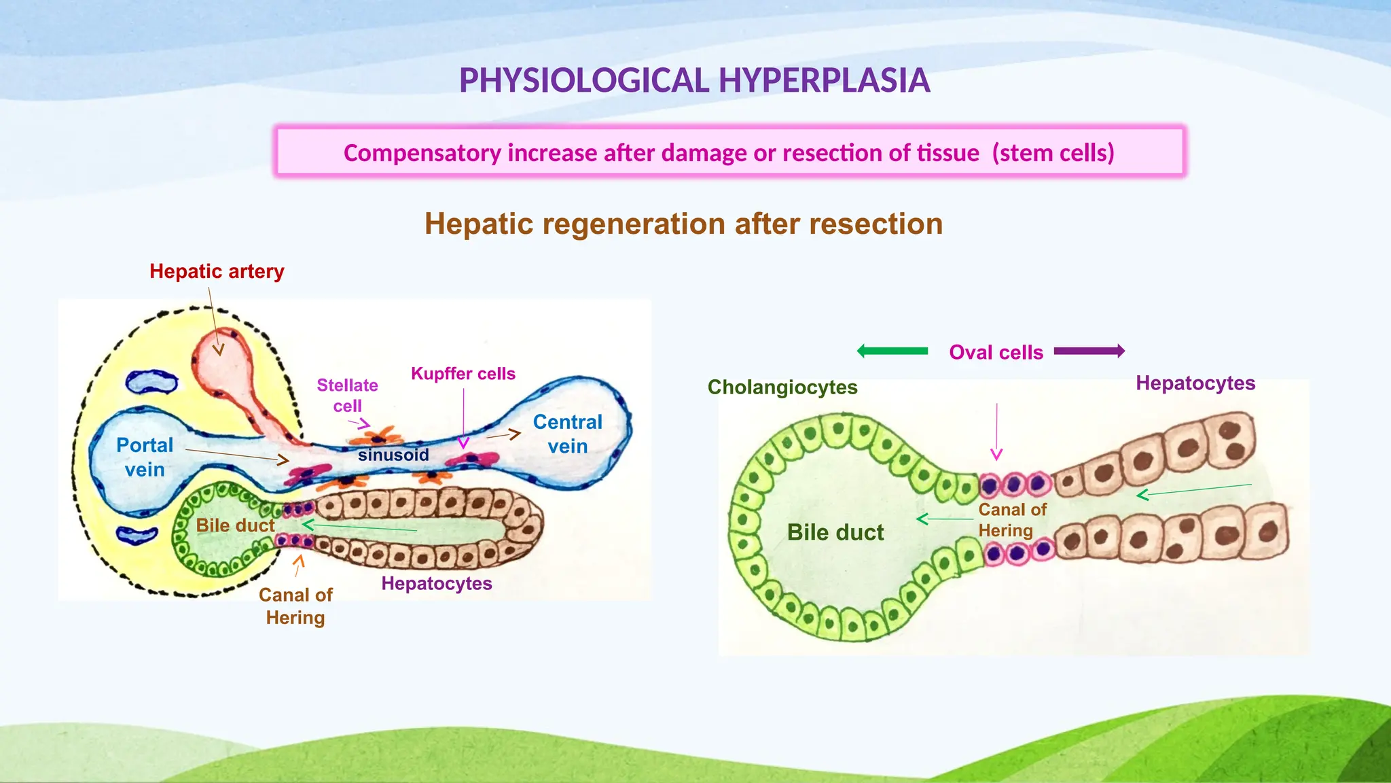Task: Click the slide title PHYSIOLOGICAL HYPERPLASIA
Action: click(694, 80)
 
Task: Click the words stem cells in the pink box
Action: click(1053, 153)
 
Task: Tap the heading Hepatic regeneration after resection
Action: click(683, 224)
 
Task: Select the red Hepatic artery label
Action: click(217, 271)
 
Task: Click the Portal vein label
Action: click(145, 457)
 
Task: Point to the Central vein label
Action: click(568, 434)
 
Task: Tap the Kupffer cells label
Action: click(463, 374)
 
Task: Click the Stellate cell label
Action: click(347, 395)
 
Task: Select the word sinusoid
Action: click(393, 455)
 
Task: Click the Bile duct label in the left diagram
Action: click(235, 525)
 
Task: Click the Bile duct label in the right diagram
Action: click(835, 532)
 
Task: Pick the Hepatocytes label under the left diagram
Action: click(437, 583)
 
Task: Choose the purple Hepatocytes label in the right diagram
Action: click(1195, 383)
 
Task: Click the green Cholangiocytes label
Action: click(782, 387)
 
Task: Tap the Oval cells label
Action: click(996, 352)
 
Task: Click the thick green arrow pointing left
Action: click(892, 351)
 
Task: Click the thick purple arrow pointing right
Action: click(1089, 351)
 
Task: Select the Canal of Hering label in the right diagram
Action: click(1012, 520)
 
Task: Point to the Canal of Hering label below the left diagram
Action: click(295, 606)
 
